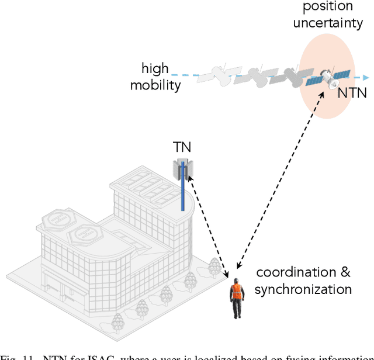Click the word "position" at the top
click(x=328, y=7)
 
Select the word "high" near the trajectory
click(x=155, y=69)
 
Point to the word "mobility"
click(x=155, y=85)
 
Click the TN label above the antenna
click(x=182, y=147)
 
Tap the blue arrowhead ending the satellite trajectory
click(x=366, y=77)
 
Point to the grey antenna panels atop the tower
click(x=183, y=168)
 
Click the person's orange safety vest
click(x=236, y=292)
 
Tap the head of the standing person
click(x=236, y=281)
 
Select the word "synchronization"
click(x=303, y=289)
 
